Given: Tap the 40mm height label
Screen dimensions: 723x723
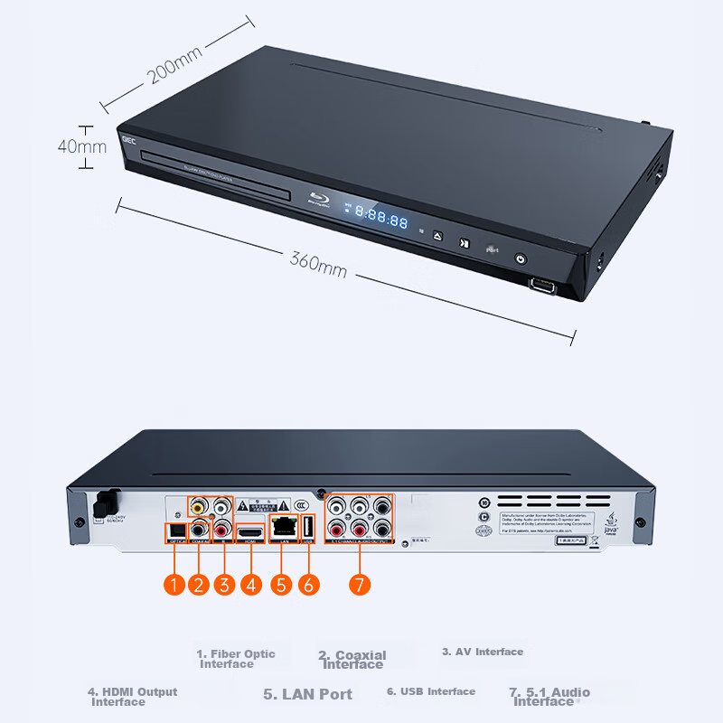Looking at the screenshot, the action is point(82,146).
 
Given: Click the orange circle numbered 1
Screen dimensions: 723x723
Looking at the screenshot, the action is point(174,585).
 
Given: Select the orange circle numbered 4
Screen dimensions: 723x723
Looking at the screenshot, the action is point(251,585).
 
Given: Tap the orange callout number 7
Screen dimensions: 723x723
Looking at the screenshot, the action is point(359,585).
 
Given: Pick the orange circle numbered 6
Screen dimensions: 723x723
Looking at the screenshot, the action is point(308,585).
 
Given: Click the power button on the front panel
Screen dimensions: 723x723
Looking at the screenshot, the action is point(520,258).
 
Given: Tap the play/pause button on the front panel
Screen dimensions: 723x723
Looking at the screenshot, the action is point(464,243).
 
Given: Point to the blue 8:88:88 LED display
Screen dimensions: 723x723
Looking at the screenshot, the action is point(380,217).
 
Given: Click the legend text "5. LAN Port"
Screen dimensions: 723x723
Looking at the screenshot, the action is point(307,694).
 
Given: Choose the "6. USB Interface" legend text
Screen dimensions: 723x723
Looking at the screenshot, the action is point(431,691).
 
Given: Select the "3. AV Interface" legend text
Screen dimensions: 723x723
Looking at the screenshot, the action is point(483,652).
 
